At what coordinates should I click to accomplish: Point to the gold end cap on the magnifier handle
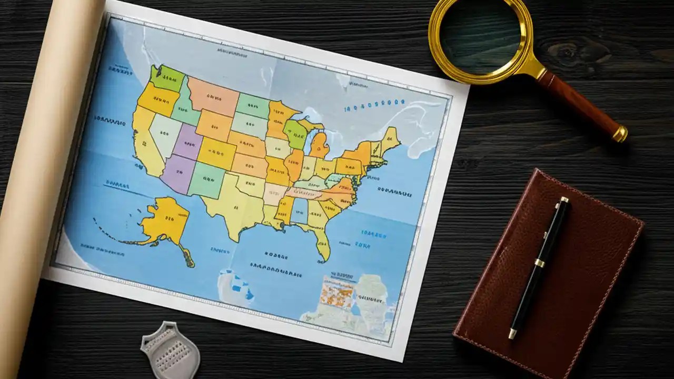click(621, 133)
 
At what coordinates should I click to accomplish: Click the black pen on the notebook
click(540, 263)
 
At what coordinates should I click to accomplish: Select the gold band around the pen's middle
click(540, 262)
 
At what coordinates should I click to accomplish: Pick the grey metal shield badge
click(170, 350)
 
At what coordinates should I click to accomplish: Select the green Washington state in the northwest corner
click(167, 78)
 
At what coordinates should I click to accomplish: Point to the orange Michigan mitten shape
click(319, 145)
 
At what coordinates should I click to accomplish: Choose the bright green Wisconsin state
click(295, 133)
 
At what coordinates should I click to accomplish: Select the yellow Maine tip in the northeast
click(390, 137)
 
